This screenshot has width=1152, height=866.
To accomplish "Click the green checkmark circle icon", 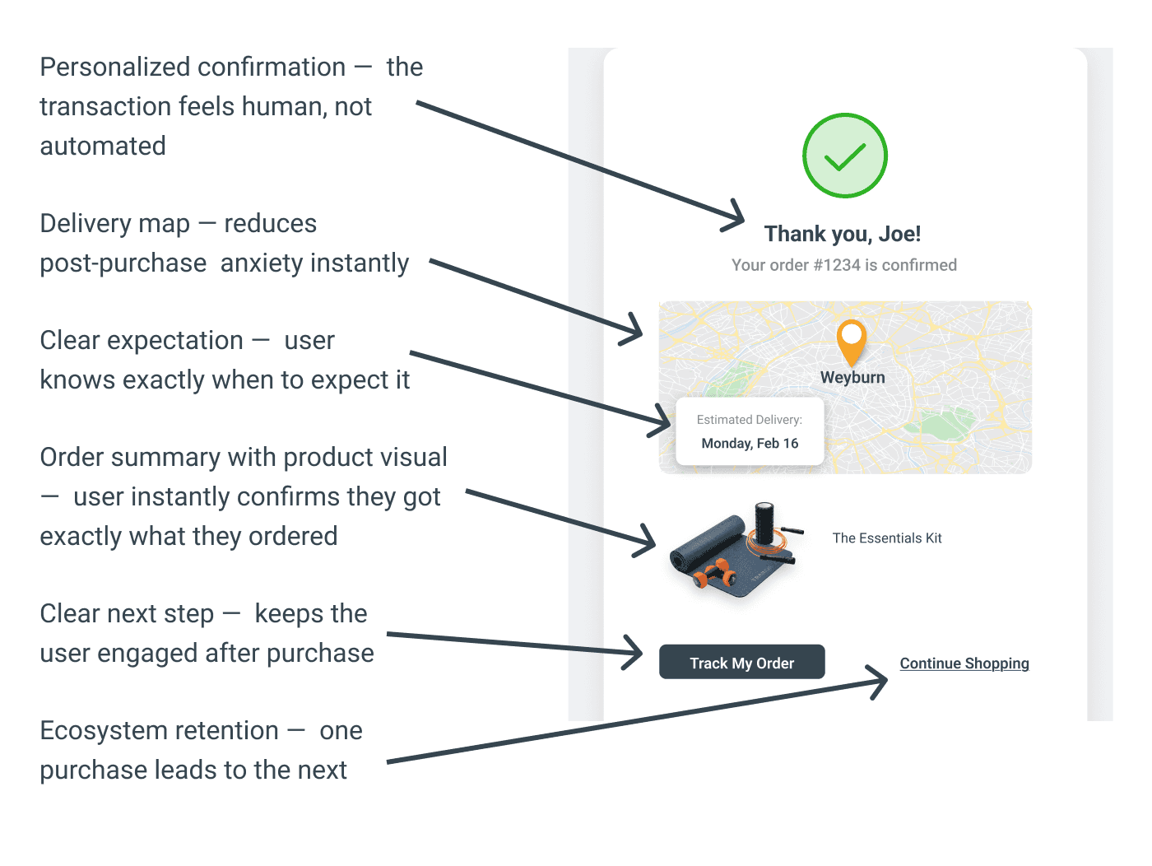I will point(845,156).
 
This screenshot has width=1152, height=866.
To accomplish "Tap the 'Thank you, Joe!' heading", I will point(842,234).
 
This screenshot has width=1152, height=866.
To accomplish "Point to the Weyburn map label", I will point(852,378).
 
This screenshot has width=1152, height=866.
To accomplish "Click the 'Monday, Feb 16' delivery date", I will point(750,444).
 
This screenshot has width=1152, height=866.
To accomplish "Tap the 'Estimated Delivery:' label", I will point(749,420).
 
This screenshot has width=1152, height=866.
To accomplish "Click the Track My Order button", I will point(741,663).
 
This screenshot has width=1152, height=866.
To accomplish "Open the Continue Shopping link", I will point(964,663).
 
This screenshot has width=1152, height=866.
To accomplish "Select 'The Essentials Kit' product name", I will point(886,538).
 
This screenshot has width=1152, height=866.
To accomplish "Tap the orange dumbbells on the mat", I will point(713,572).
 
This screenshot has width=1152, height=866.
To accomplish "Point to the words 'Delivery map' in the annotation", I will point(114,224).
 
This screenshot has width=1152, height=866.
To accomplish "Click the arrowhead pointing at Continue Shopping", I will point(879,680).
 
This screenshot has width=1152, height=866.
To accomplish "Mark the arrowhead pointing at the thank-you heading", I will point(735,217).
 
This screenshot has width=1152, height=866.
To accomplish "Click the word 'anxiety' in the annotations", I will point(262,263).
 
